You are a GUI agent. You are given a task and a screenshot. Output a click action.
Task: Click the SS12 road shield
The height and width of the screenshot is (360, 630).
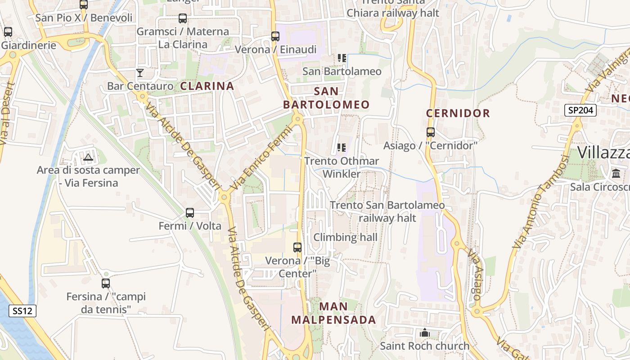[22, 310]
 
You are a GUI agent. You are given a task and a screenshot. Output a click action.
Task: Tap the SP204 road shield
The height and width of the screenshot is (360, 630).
[580, 110]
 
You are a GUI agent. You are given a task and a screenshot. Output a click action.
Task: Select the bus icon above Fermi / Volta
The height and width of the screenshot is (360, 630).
[190, 212]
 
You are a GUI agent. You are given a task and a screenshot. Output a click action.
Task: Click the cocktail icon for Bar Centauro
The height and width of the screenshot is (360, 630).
[140, 72]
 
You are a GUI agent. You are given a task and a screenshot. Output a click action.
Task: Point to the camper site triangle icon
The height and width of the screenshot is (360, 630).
[88, 157]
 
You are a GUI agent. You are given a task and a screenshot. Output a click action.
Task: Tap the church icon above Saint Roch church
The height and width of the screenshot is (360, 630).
[424, 333]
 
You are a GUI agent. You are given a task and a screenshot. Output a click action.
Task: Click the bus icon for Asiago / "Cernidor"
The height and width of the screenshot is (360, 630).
[431, 132]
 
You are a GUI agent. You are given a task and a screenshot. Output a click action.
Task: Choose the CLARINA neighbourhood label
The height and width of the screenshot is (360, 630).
[207, 86]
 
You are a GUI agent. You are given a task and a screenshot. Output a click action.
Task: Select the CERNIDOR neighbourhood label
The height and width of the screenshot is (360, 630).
[458, 113]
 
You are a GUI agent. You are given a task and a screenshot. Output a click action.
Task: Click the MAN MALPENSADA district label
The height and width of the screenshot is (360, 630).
[333, 313]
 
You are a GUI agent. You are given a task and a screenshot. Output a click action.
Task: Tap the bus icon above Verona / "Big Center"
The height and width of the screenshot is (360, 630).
[297, 247]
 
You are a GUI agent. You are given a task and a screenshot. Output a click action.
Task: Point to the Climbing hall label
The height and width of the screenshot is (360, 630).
[345, 237]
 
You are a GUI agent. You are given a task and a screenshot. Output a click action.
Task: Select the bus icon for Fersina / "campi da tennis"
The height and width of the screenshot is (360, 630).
[106, 283]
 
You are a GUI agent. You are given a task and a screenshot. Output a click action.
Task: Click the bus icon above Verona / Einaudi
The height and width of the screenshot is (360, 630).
[275, 36]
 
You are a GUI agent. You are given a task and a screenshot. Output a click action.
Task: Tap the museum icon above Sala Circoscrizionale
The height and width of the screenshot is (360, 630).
[616, 173]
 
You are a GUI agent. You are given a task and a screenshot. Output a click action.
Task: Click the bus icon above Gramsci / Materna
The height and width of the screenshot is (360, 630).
[183, 18]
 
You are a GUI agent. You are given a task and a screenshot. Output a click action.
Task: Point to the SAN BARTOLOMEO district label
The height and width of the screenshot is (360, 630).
[326, 98]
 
